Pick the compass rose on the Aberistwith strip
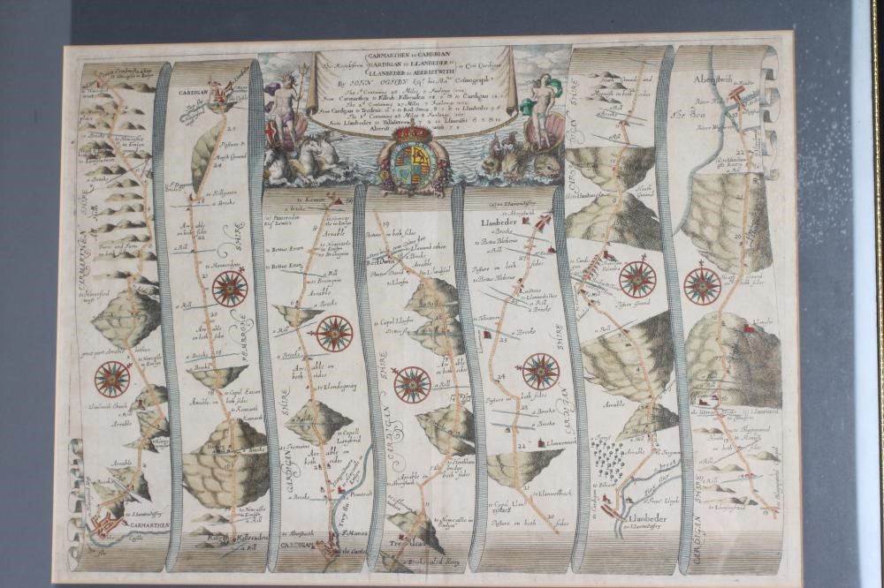(x=702, y=285)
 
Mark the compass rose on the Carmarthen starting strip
(x=112, y=379)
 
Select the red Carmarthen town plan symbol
(x=104, y=526)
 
